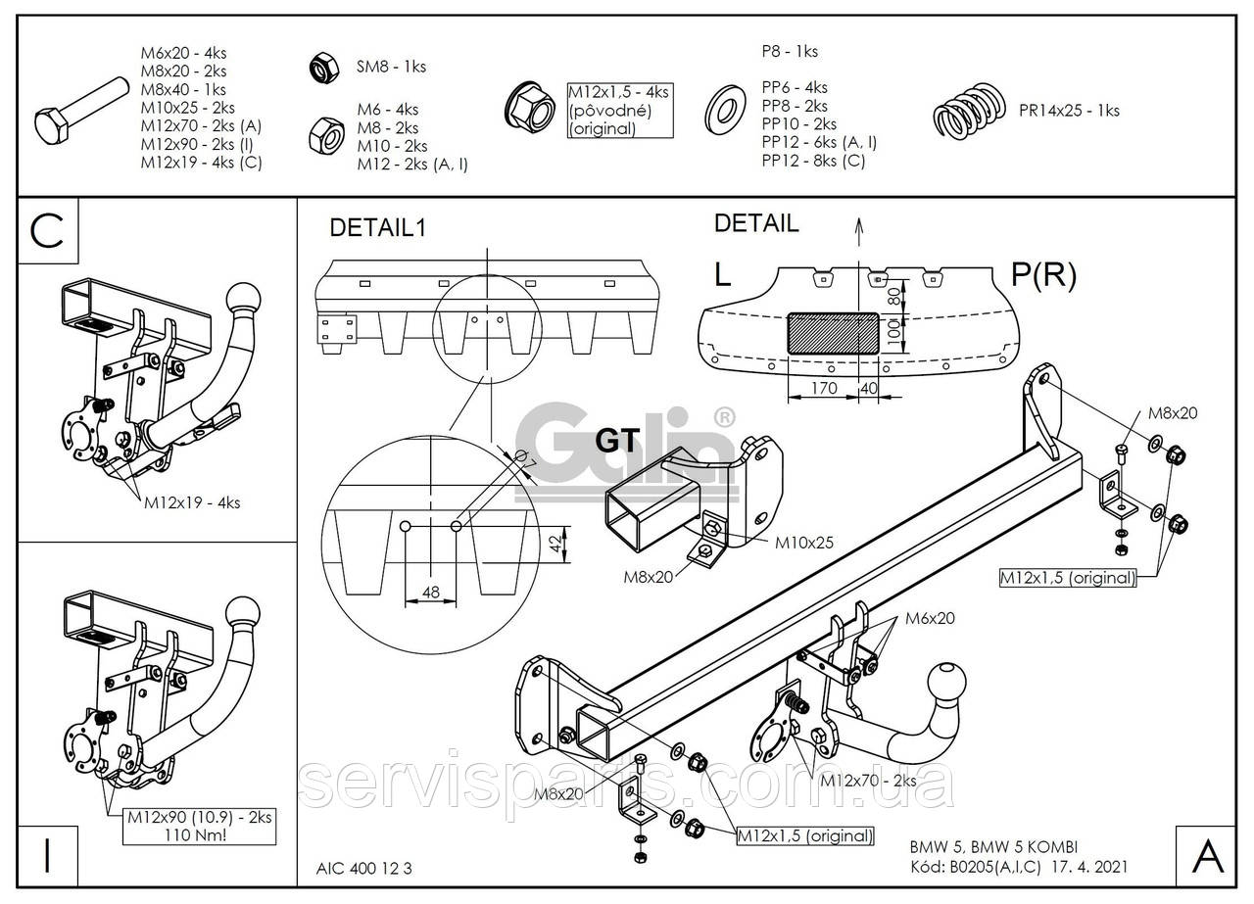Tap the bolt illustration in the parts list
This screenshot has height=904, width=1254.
(x=81, y=112)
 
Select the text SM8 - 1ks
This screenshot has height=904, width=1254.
(x=391, y=67)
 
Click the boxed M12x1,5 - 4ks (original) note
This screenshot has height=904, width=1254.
(x=620, y=111)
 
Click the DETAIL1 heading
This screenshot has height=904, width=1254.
(x=378, y=228)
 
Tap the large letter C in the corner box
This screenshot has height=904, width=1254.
(x=47, y=230)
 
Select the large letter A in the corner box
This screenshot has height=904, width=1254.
(x=1208, y=857)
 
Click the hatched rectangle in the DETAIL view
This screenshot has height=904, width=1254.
(x=833, y=334)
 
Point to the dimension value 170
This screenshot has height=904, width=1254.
(x=824, y=388)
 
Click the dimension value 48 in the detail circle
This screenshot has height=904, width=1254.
(x=430, y=592)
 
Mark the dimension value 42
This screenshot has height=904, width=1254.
(x=555, y=544)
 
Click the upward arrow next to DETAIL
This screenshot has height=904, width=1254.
(x=859, y=232)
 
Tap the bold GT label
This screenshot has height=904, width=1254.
(x=617, y=441)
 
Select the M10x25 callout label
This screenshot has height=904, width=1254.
(x=804, y=543)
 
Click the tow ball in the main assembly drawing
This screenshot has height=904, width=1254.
(x=946, y=684)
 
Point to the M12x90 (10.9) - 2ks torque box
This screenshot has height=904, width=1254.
(x=199, y=827)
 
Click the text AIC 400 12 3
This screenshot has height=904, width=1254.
(x=363, y=868)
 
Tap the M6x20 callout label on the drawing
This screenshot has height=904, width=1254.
(x=930, y=618)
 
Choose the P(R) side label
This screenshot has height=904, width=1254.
(x=1043, y=275)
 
